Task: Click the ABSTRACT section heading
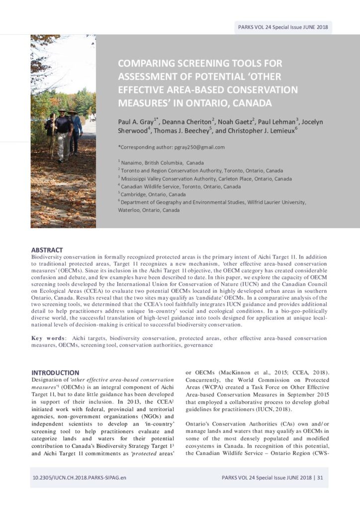pyautogui.click(x=47, y=250)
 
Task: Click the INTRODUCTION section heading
pyautogui.click(x=55, y=372)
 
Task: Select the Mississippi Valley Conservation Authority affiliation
pyautogui.click(x=206, y=178)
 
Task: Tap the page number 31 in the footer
pyautogui.click(x=320, y=478)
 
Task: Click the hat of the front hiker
pyautogui.click(x=62, y=110)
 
